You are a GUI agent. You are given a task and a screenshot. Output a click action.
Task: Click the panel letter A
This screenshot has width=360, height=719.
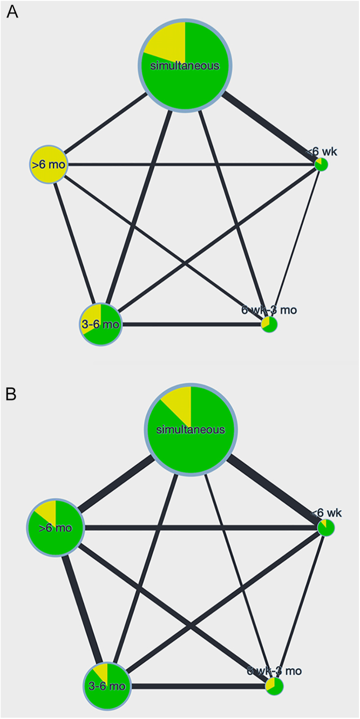tap(12, 12)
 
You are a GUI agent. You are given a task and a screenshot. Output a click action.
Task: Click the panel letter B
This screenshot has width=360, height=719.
tap(12, 394)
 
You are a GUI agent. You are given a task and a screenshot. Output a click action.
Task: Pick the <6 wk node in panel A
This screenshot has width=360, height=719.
tap(322, 164)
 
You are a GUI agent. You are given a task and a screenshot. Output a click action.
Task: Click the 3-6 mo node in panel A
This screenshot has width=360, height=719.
tap(101, 324)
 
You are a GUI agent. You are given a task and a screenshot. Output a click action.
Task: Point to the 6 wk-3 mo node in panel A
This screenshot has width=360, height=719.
tap(269, 324)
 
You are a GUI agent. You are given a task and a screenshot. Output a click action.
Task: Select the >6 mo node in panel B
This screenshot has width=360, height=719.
tap(56, 527)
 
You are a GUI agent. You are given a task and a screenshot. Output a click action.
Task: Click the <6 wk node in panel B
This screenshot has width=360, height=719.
tap(326, 528)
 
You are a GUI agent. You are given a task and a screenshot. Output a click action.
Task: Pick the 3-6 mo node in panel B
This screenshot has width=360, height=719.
tap(107, 686)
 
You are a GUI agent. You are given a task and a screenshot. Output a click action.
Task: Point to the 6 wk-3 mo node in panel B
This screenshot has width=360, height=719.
tap(274, 686)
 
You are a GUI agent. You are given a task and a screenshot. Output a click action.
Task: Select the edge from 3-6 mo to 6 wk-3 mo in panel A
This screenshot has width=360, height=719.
tap(192, 325)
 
